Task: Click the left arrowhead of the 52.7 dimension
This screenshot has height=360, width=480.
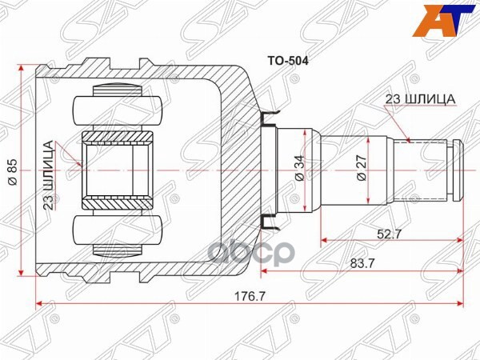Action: (x=325, y=239)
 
